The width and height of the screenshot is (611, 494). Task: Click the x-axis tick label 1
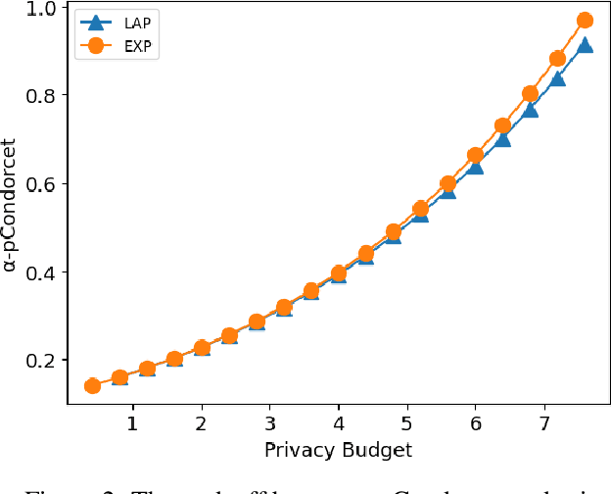point(133,424)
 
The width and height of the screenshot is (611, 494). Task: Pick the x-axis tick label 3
point(269,424)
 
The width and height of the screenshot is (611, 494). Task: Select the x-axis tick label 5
point(406,424)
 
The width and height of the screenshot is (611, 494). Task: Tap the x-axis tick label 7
point(543,424)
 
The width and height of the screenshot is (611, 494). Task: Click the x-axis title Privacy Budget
point(338,450)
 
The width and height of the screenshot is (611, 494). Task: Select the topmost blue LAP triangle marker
point(585,45)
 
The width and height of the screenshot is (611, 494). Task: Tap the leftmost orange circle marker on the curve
point(92,385)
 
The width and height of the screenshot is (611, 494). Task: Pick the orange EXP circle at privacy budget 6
point(475,155)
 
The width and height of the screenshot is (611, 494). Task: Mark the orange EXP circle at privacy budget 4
point(338,272)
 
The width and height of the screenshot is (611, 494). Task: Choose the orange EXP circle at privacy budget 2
point(202,347)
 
